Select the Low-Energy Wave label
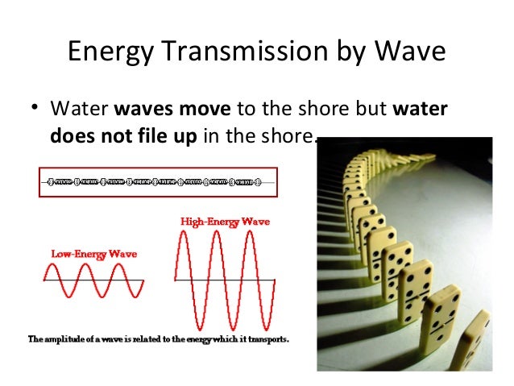coord(94,253)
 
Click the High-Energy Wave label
coord(225,221)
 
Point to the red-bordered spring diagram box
coord(157,182)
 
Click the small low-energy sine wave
coord(93,280)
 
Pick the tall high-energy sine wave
coord(225,280)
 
